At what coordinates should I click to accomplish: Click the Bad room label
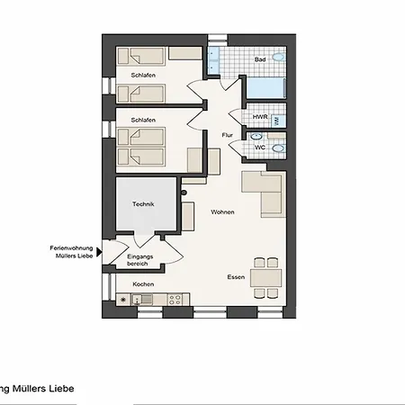pyautogui.click(x=260, y=59)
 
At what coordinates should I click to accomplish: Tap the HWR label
pyautogui.click(x=260, y=117)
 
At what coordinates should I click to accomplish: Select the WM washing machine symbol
pyautogui.click(x=276, y=121)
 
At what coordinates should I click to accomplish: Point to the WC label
pyautogui.click(x=260, y=148)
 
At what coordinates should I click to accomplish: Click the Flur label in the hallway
pyautogui.click(x=228, y=135)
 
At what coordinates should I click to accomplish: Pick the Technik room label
pyautogui.click(x=143, y=204)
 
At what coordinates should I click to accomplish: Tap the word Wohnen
pyautogui.click(x=222, y=212)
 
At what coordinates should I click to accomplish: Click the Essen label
pyautogui.click(x=236, y=277)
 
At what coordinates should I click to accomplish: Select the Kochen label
pyautogui.click(x=143, y=284)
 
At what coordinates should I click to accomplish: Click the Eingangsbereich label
pyautogui.click(x=139, y=260)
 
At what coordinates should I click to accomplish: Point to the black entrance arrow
pyautogui.click(x=99, y=252)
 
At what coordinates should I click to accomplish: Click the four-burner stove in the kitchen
pyautogui.click(x=175, y=300)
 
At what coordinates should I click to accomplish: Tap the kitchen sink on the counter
pyautogui.click(x=142, y=300)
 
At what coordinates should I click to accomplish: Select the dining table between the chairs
pyautogui.click(x=266, y=278)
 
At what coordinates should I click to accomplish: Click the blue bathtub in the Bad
pyautogui.click(x=265, y=88)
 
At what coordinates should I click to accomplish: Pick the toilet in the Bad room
pyautogui.click(x=279, y=57)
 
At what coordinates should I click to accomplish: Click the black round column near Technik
pyautogui.click(x=184, y=193)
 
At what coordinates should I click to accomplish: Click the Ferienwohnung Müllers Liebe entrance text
pyautogui.click(x=71, y=252)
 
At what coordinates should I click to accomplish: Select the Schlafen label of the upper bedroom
pyautogui.click(x=143, y=76)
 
